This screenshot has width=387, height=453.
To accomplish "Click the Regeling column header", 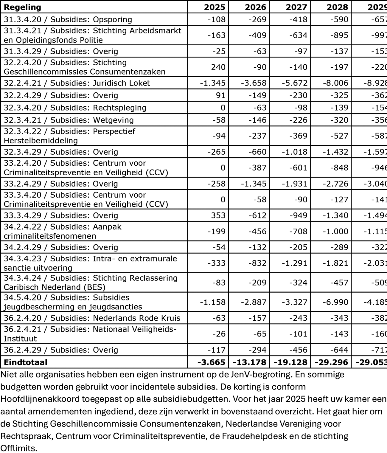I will click(23, 7).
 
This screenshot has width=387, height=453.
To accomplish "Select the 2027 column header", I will click(296, 7).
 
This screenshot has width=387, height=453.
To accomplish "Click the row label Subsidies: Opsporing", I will click(68, 20).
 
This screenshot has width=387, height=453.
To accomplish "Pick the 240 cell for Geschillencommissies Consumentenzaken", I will click(218, 67).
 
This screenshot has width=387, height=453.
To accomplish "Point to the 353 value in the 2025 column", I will click(218, 215).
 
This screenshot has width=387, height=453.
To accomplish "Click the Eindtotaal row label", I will click(26, 362).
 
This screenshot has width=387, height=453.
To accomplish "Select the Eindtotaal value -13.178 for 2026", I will click(249, 362).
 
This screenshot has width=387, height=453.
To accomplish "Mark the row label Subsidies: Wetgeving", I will click(69, 120).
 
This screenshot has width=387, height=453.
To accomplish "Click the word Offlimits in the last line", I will click(18, 448).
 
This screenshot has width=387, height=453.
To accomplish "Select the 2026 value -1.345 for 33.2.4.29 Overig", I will click(254, 184).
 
